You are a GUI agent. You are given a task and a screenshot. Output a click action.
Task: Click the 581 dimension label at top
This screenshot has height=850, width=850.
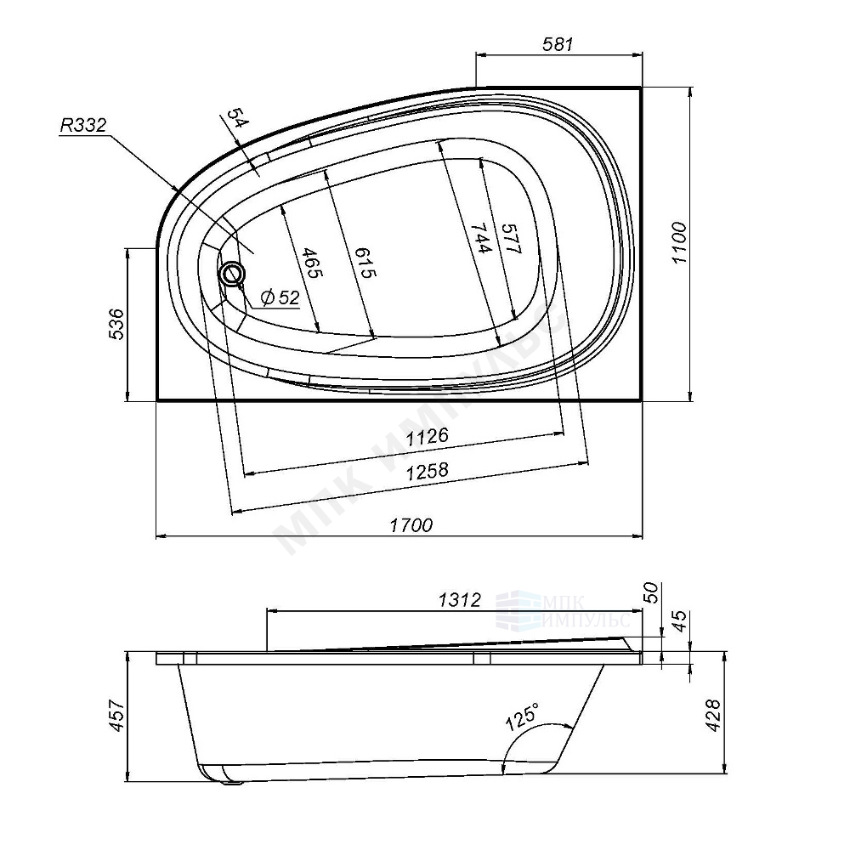click(x=558, y=44)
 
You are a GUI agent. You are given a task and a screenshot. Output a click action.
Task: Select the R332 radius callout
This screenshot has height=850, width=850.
click(x=83, y=126)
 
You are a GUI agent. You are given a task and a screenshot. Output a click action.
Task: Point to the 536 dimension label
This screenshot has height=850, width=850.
click(x=116, y=324)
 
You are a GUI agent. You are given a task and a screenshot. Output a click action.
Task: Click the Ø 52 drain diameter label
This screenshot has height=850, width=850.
click(x=280, y=297)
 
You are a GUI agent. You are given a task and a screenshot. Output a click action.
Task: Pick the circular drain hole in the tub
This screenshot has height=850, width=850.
click(x=233, y=273)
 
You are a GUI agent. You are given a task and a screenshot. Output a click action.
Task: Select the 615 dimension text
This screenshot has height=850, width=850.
click(x=365, y=263)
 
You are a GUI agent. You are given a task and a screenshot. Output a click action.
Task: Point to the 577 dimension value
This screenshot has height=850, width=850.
click(x=511, y=239)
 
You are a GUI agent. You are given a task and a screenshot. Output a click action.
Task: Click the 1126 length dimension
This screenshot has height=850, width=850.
click(x=428, y=436)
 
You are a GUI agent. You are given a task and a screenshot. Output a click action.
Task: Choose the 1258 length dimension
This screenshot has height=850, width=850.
click(x=428, y=471)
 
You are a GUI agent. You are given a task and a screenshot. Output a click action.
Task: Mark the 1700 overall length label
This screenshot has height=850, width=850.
click(x=411, y=524)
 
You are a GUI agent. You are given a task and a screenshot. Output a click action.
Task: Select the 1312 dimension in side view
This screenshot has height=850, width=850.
click(x=460, y=599)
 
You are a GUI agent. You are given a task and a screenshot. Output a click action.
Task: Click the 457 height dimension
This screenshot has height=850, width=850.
click(x=116, y=716)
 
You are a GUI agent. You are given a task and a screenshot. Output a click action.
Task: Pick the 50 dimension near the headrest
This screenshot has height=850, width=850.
click(x=651, y=592)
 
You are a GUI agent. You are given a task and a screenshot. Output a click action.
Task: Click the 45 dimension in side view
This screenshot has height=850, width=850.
click(x=679, y=620)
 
